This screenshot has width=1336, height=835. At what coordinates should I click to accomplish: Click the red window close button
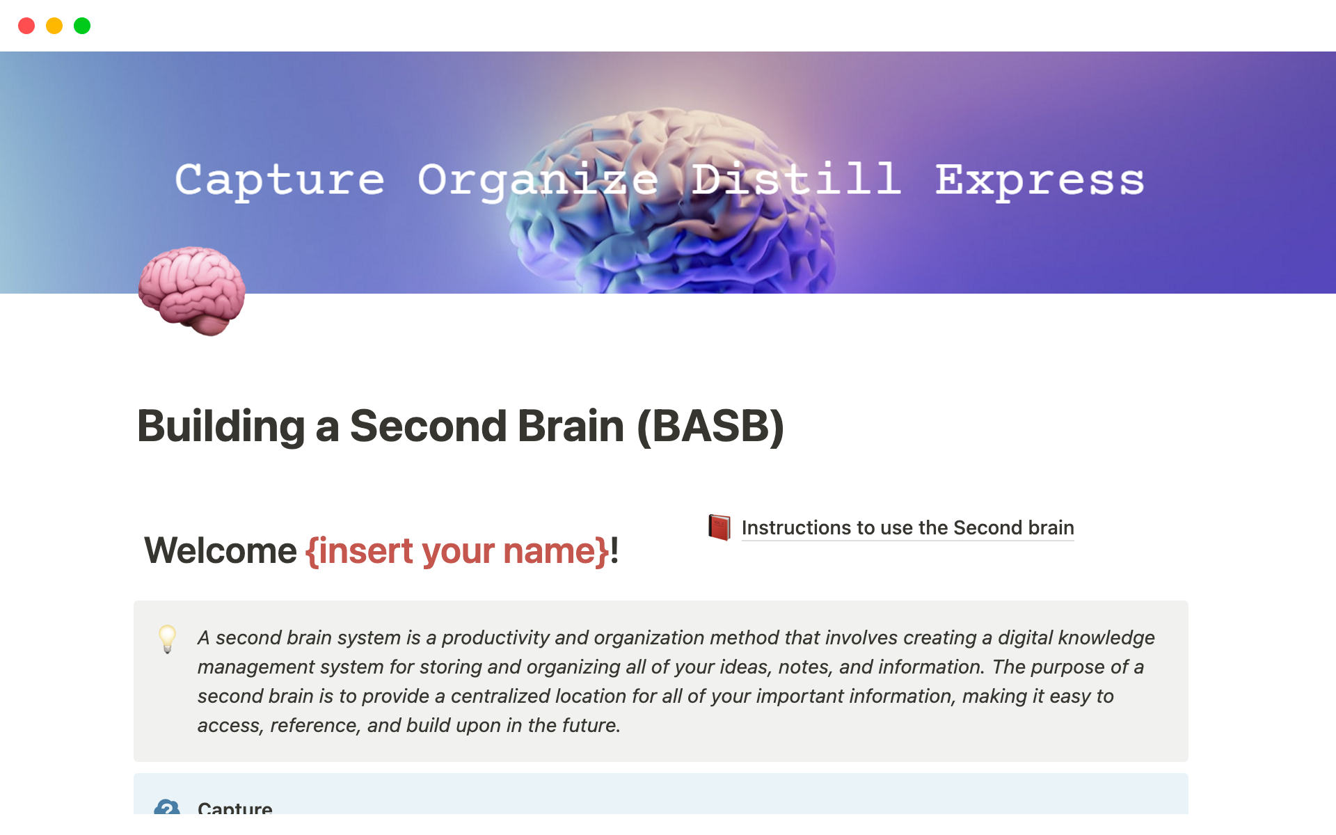(26, 26)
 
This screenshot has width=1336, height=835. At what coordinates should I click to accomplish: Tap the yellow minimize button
(54, 26)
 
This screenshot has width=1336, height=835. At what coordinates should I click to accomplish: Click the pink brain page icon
(191, 291)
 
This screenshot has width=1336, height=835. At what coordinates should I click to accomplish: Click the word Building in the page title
(221, 426)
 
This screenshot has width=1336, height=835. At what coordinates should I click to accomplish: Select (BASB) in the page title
(710, 426)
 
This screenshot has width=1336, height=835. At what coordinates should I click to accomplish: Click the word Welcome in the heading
(221, 550)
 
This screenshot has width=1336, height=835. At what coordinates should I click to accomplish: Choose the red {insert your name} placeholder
(457, 551)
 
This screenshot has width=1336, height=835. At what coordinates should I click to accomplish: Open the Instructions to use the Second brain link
(908, 527)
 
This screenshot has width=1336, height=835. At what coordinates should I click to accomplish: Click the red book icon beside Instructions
(719, 527)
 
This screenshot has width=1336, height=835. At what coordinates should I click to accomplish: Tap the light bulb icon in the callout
(168, 639)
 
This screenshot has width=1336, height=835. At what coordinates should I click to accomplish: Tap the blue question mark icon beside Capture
(167, 806)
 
